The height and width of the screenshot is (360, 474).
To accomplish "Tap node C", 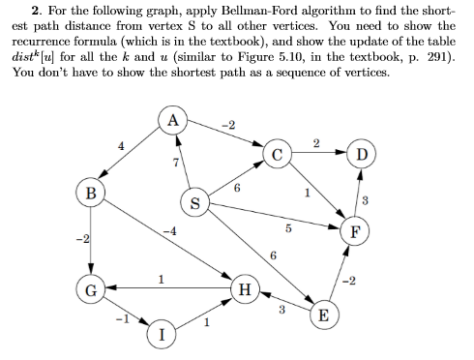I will (x=277, y=153).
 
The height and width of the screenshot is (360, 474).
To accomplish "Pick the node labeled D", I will (x=361, y=153).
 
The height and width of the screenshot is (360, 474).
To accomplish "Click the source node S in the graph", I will (x=194, y=204).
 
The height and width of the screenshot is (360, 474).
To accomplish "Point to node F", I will (x=358, y=230).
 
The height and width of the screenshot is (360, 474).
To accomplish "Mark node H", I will (x=245, y=288).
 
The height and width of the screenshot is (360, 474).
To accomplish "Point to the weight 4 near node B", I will (x=120, y=146).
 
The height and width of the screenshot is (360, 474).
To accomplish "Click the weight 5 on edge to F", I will (x=287, y=229).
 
